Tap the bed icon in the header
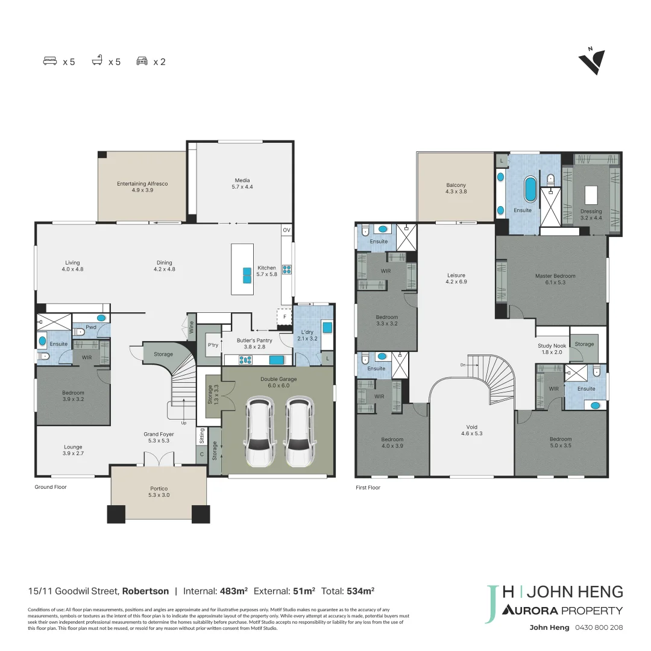pos(50,61)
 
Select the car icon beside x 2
pos(142,61)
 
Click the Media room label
pos(242,183)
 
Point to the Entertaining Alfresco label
pos(142,186)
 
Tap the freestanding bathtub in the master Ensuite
pos(530,189)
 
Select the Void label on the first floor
pos(471,430)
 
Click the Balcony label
pos(456,188)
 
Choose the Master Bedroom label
pos(555,279)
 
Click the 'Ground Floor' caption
pos(51,487)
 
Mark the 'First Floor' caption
pos(368,488)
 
